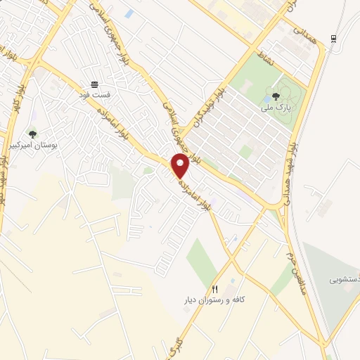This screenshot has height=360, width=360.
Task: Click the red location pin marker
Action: [x=180, y=165]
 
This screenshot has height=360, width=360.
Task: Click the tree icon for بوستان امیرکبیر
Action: [x=32, y=134]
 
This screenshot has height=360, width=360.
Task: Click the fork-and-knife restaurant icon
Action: [x=216, y=289]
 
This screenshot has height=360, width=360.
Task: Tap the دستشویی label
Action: [x=345, y=279]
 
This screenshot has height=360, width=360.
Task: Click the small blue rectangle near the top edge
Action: [x=128, y=13]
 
